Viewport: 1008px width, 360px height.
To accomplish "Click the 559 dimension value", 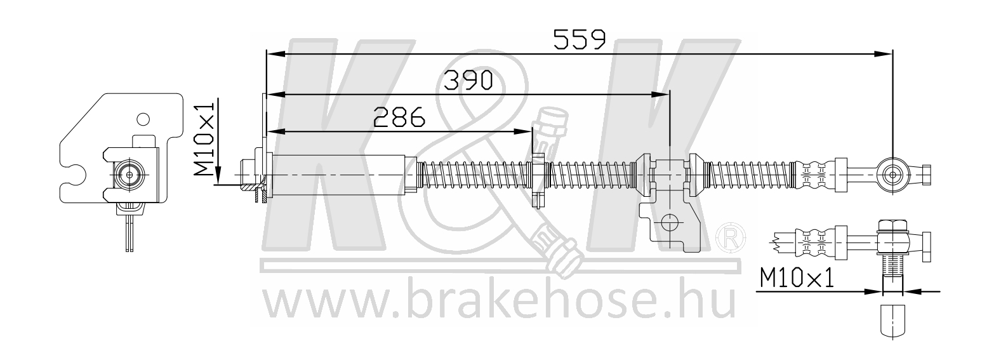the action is pyautogui.click(x=579, y=39).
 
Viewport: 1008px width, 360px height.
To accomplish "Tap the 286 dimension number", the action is pyautogui.click(x=399, y=117).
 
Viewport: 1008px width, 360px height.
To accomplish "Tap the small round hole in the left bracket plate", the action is pyautogui.click(x=143, y=119).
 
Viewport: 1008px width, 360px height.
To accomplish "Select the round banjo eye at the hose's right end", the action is pyautogui.click(x=891, y=174).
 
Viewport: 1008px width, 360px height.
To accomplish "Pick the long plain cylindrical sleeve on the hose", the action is pyautogui.click(x=343, y=175).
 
